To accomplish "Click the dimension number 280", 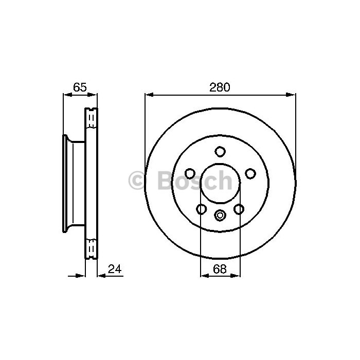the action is coord(220,87).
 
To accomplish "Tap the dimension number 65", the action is coord(80,87).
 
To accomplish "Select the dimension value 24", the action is coord(115,268).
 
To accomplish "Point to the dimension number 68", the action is coord(220,268).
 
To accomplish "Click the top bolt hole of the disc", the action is coord(220,152).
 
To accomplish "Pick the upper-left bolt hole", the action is coord(190,173).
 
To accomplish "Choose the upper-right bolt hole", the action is coord(250,173).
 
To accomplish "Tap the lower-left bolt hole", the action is coord(202,209).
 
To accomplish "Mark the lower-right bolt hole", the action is coord(239,209).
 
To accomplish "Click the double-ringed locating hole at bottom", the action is coord(220,215).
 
